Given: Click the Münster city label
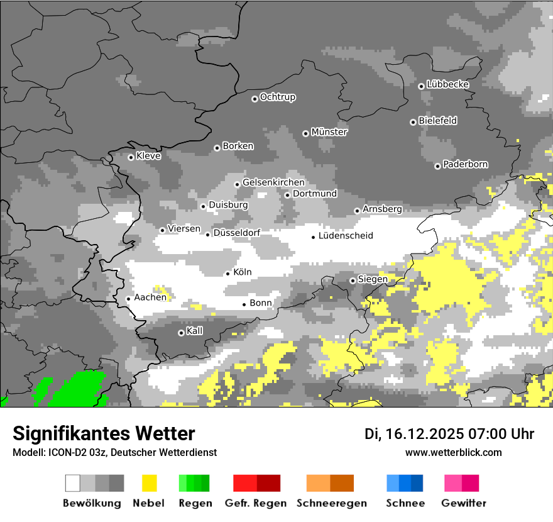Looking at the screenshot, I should (x=329, y=132).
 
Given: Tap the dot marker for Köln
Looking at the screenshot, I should (x=228, y=273).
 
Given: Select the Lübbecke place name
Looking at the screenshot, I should (x=447, y=84).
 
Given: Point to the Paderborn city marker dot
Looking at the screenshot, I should (x=437, y=166).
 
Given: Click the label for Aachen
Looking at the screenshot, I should (x=150, y=297).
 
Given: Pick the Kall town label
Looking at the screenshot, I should (x=194, y=331).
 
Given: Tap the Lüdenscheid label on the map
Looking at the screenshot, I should (x=346, y=236).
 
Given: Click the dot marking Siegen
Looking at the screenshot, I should (x=353, y=280).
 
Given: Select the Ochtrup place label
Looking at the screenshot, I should (x=277, y=97).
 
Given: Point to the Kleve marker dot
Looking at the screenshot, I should (x=131, y=157).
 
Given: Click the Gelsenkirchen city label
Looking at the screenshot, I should (x=273, y=182).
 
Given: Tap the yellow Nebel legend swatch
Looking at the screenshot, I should (x=150, y=483).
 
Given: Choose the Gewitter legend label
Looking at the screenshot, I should (x=464, y=503).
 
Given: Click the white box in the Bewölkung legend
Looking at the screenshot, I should (x=73, y=483).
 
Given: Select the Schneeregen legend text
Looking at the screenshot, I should (x=332, y=503).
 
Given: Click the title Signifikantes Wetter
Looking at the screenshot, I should (x=104, y=434).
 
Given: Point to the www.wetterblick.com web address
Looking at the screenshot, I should (x=453, y=452).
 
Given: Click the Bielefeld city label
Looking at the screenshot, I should (x=437, y=120).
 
